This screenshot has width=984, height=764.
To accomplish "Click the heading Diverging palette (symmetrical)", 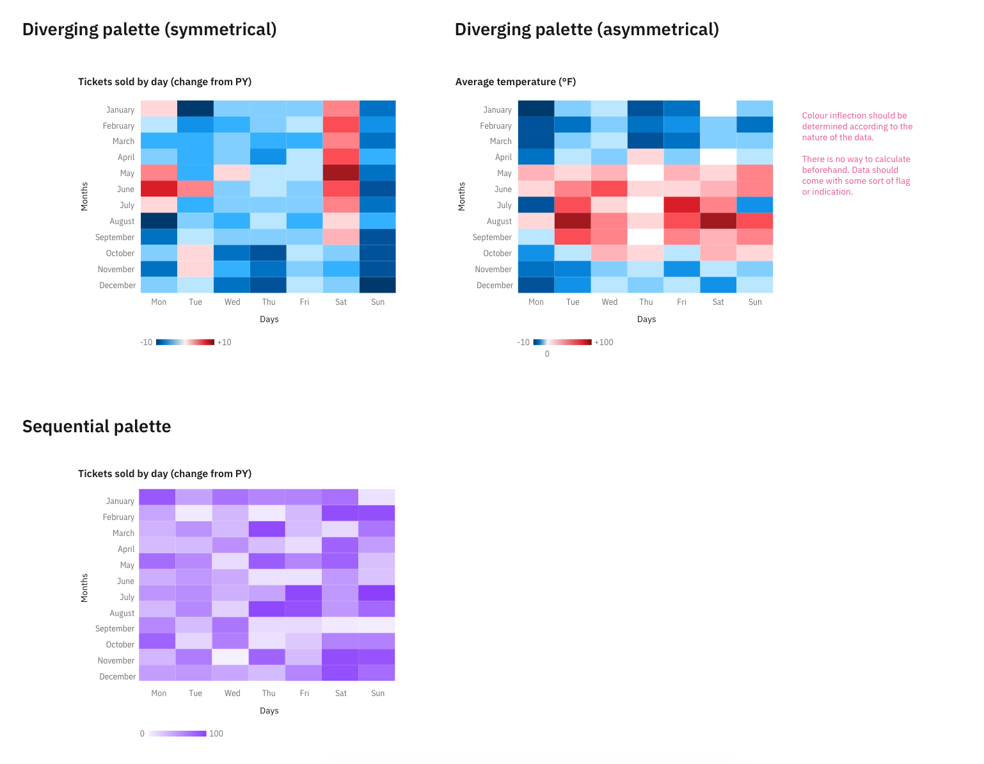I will coord(149,29).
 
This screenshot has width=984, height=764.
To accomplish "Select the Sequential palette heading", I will coord(97,427).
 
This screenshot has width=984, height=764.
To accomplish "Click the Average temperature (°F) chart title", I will coord(516,82).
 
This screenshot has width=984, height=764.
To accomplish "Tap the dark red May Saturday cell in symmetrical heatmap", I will coord(341,173).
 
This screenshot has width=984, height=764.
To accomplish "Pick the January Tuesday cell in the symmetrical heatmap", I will coord(195,109).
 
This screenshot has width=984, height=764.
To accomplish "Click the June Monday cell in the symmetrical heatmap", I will coord(159,189).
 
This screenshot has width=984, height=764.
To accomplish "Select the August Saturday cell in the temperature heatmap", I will coord(718,221).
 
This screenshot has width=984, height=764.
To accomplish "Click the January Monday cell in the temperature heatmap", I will coord(536,109).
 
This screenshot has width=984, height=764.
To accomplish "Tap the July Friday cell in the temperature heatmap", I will coord(682,205).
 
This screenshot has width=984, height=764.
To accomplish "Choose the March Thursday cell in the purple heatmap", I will coord(269,529).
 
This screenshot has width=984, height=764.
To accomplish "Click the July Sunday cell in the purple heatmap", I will coord(377,593).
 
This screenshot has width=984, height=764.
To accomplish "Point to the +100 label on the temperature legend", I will coord(603,343).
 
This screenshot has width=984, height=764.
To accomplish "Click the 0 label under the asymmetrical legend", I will coord(547,354).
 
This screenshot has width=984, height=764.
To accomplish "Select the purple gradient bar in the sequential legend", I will coord(177,734).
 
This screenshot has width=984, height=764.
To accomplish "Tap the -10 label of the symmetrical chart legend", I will coord(147,343).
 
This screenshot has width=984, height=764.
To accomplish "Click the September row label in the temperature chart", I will coord(492,238).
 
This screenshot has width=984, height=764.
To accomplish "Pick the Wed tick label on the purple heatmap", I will coord(232,694).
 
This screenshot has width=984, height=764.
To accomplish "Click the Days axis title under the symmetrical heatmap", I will coord(269,320).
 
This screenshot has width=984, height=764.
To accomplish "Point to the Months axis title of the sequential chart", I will coord(84,588).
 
